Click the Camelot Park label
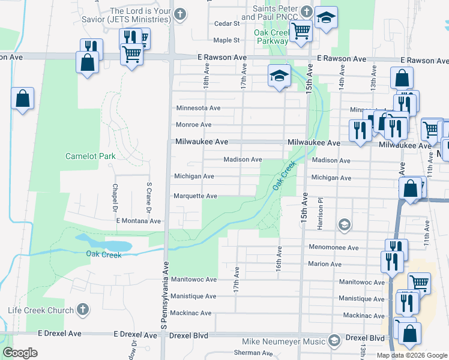(90, 156)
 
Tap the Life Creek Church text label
(40, 310)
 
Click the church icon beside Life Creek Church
(83, 310)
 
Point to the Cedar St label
(227, 24)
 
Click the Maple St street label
(227, 40)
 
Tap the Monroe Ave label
(193, 125)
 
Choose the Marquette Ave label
(195, 196)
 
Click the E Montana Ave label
(139, 221)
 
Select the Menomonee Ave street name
(333, 248)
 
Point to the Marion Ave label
(324, 264)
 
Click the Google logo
(20, 353)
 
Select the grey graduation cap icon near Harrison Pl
(344, 225)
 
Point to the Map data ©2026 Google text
(412, 355)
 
